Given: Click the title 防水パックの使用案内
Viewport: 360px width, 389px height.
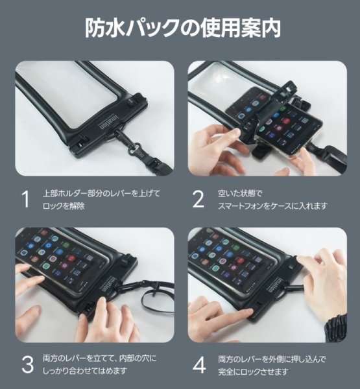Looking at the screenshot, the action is coord(183,28).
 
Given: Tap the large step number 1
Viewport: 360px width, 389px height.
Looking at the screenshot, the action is coord(25,199).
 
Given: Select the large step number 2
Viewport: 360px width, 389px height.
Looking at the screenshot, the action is coord(198,199).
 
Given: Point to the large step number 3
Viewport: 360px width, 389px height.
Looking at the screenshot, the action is coord(27,364).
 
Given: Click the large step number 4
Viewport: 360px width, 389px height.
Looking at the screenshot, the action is coord(199,364).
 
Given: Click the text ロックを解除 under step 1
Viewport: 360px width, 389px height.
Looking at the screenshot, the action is coord(64,206).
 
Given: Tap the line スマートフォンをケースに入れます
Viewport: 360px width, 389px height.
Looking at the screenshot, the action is coord(273,206).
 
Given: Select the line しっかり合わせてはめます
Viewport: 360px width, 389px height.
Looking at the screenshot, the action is coord(85,371).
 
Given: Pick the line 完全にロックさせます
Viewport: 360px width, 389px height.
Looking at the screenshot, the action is coord(254,371).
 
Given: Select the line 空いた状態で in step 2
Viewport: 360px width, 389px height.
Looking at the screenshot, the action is coord(240,193).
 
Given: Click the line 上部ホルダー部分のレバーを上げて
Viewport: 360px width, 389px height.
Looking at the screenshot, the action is coord(102,193).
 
